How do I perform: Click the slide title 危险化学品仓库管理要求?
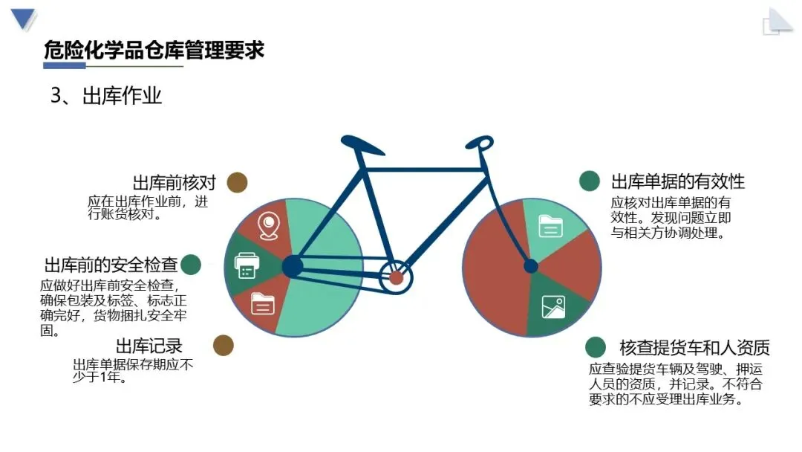point(154,51)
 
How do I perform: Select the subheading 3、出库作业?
point(106,96)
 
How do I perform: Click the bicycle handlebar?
point(480,142)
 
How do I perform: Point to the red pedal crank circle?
point(396,278)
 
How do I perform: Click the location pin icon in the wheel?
point(267,225)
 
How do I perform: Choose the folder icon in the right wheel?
point(550,225)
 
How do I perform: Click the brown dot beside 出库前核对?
point(237,183)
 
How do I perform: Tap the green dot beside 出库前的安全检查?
point(192,264)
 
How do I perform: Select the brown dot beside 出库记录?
point(224,345)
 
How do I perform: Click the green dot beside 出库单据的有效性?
point(590,181)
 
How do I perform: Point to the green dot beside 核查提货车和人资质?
point(595,346)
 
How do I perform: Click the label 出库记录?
point(149,346)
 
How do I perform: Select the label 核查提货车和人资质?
point(694,347)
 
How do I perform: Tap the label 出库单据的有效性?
point(677,181)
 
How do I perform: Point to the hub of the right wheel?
point(531,266)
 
